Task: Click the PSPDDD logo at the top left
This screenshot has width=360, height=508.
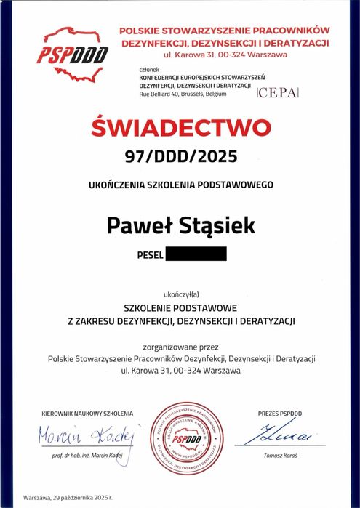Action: click(73, 52)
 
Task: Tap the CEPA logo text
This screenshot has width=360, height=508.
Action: click(278, 94)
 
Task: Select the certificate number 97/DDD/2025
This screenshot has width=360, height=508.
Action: click(181, 156)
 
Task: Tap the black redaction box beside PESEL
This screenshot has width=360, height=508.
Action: click(196, 254)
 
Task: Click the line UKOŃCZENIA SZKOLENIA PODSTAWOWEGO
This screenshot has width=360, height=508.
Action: click(180, 185)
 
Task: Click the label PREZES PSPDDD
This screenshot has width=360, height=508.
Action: click(279, 414)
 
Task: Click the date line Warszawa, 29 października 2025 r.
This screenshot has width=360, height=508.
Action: click(68, 498)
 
